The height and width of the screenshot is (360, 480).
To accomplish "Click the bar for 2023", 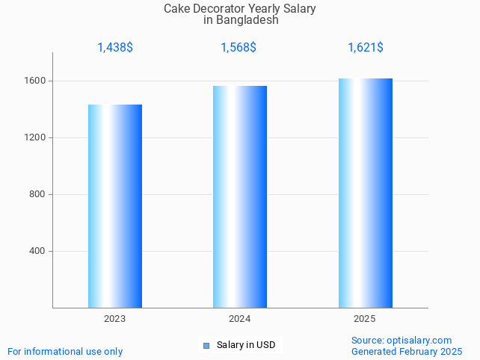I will coord(115,206).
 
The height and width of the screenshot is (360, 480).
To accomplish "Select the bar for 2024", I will coord(240,197).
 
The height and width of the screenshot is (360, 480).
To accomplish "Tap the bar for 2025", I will coord(365,193).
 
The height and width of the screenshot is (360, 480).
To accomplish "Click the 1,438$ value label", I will coord(115,48).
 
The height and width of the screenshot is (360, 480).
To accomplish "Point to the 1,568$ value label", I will coord(239,48).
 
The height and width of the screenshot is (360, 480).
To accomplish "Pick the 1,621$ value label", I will coord(366,48).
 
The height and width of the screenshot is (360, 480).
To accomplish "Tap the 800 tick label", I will coord(37,194).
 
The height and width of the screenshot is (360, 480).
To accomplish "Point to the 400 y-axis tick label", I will coord(37,251).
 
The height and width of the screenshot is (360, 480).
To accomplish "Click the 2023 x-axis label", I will coord(115,319).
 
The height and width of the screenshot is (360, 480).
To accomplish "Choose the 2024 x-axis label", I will coord(239,319).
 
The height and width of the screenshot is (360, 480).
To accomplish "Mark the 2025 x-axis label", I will coord(365,319).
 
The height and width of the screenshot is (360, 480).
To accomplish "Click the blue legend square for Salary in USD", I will coord(206,345).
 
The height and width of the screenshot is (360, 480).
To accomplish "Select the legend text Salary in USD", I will coord(246,345).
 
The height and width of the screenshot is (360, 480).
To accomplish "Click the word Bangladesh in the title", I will coord(247,20).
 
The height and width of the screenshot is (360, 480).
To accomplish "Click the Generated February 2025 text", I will coord(407,351).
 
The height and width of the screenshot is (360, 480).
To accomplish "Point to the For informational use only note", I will coord(65,351).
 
